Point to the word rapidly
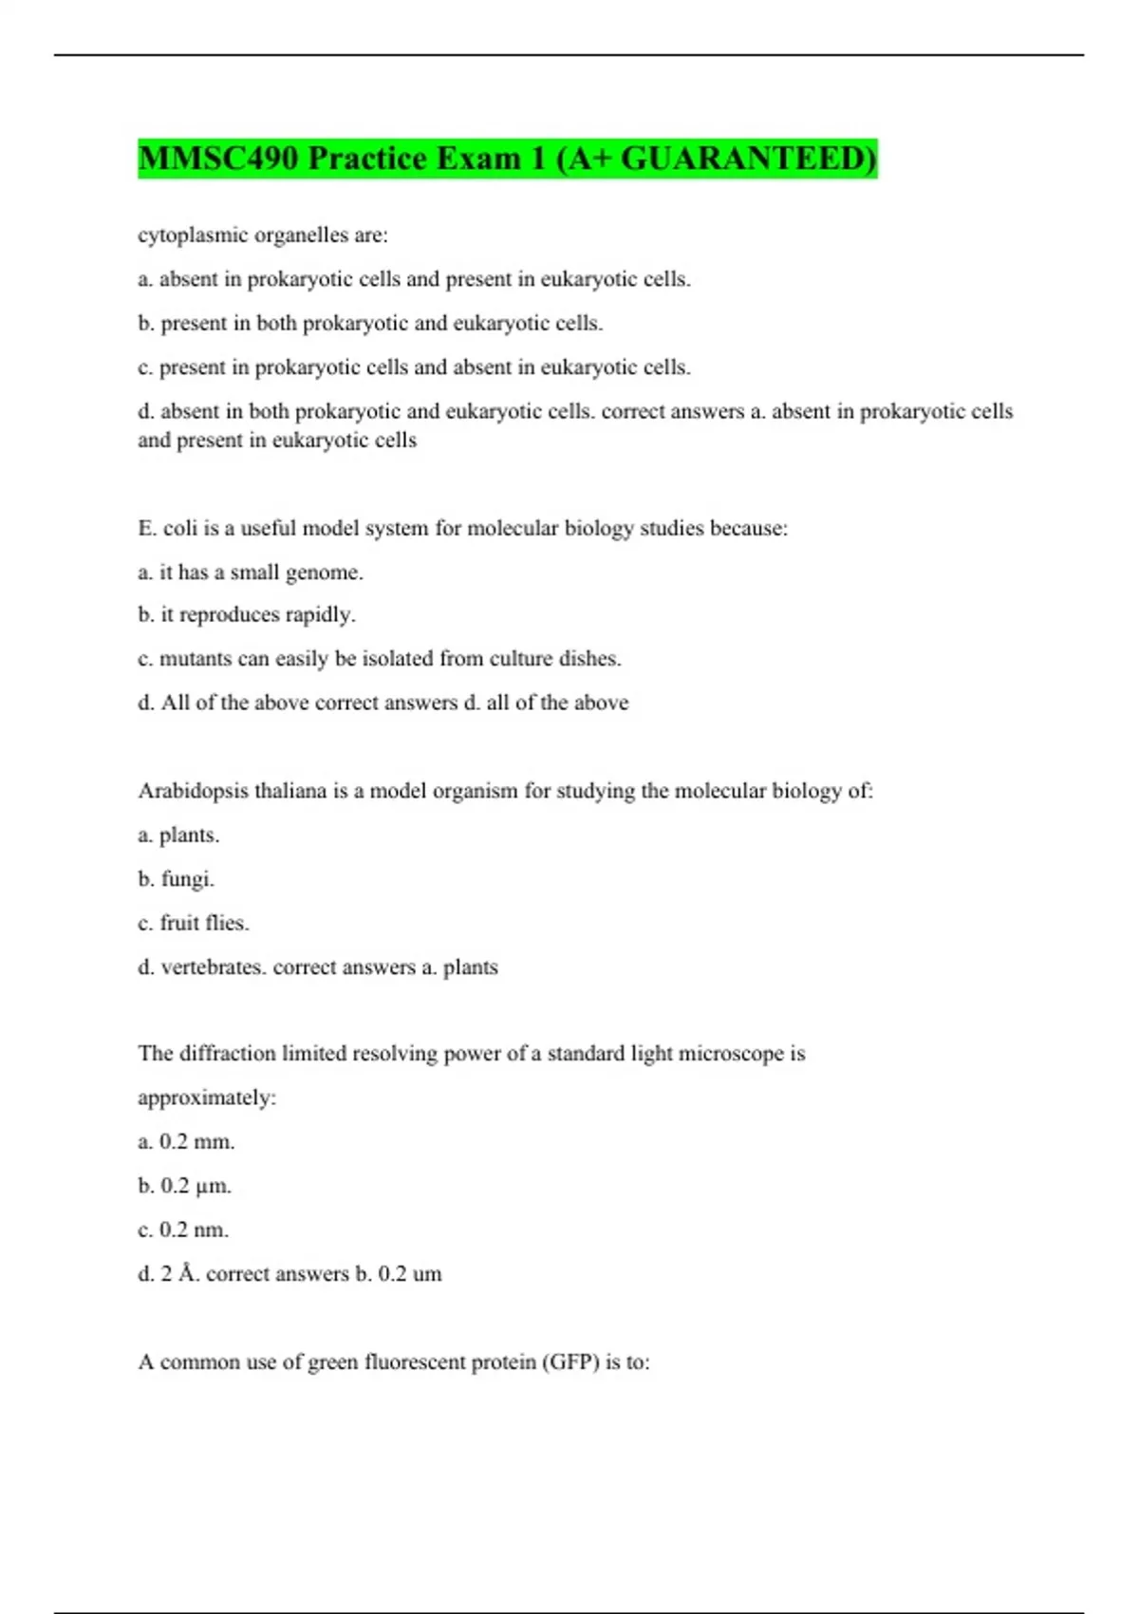[324, 615]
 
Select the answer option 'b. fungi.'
[177, 879]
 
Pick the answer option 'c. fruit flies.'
[194, 923]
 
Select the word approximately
[206, 1098]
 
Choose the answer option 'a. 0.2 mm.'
[186, 1142]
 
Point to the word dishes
[594, 659]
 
